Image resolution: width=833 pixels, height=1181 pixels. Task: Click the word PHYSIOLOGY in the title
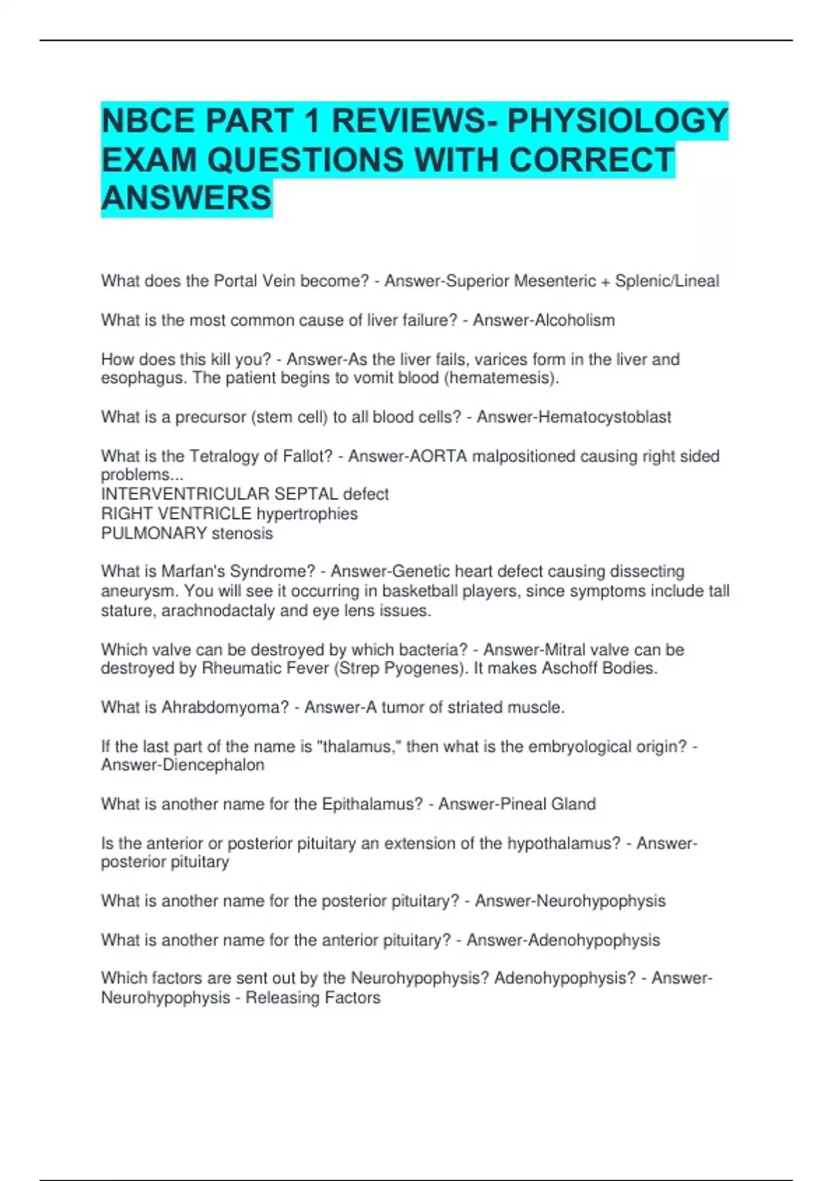click(x=617, y=121)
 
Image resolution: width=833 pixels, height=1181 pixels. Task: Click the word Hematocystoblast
click(x=574, y=417)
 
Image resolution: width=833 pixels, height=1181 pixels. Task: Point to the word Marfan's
click(x=194, y=572)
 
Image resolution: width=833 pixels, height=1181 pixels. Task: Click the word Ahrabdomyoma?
click(x=225, y=707)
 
